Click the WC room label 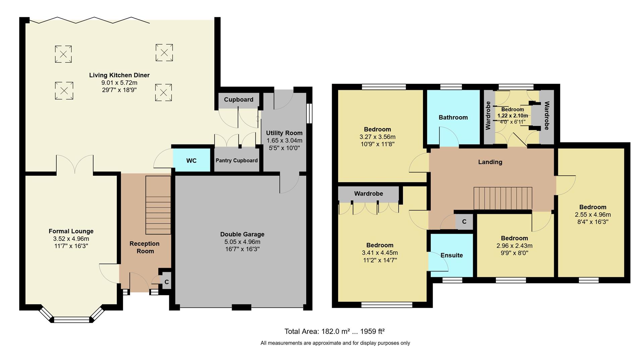click(191, 161)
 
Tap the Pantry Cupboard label click(236, 161)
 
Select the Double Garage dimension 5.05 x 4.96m click(242, 242)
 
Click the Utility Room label click(284, 133)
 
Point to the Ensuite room click(451, 255)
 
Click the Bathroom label click(453, 117)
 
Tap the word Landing click(490, 162)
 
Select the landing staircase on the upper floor click(502, 198)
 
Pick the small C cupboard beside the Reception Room click(167, 282)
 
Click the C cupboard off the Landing click(464, 222)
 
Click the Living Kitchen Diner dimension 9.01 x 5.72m click(119, 83)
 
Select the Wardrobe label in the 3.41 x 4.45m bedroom click(368, 194)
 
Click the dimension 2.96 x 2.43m click(514, 246)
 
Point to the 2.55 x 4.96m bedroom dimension click(593, 215)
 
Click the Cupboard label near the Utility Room click(238, 100)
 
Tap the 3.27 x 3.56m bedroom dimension click(377, 137)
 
